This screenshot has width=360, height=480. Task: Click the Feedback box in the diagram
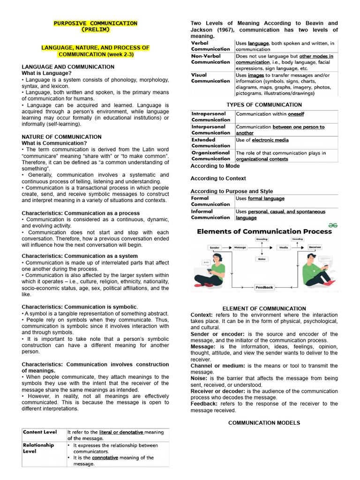(264, 287)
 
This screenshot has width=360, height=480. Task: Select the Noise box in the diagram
(262, 259)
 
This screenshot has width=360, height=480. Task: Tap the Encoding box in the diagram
(262, 239)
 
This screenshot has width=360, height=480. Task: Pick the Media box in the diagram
(284, 247)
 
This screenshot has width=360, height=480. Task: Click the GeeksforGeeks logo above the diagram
(333, 225)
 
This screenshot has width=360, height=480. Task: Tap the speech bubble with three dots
(205, 262)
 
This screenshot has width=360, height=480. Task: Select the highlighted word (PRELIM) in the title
(95, 30)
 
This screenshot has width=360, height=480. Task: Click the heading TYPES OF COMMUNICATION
(264, 105)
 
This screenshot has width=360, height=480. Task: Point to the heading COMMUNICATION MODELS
(264, 423)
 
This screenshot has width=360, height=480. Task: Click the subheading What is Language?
(47, 73)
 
